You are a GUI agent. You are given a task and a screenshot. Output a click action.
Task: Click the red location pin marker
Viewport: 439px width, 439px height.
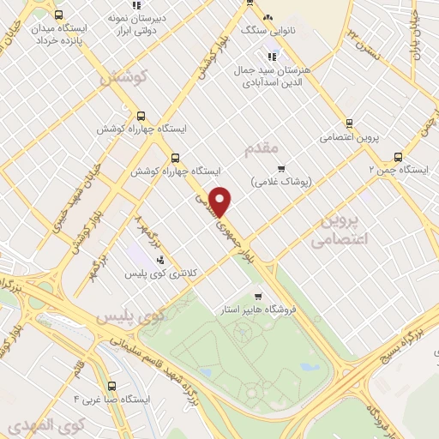tap(221, 201)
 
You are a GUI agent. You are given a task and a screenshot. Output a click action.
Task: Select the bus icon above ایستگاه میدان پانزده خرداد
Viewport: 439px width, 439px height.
tap(57, 15)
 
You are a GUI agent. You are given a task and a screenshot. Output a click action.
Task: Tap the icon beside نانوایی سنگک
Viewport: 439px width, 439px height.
tap(268, 17)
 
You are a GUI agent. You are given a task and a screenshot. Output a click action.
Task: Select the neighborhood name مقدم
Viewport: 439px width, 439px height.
tap(262, 148)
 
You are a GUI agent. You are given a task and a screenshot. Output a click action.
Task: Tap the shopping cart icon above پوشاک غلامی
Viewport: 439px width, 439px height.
tap(280, 166)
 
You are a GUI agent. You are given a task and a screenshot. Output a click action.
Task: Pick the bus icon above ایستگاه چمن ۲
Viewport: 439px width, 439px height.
tap(397, 156)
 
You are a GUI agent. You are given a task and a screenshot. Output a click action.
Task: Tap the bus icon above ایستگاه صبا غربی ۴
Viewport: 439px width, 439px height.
tap(114, 385)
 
